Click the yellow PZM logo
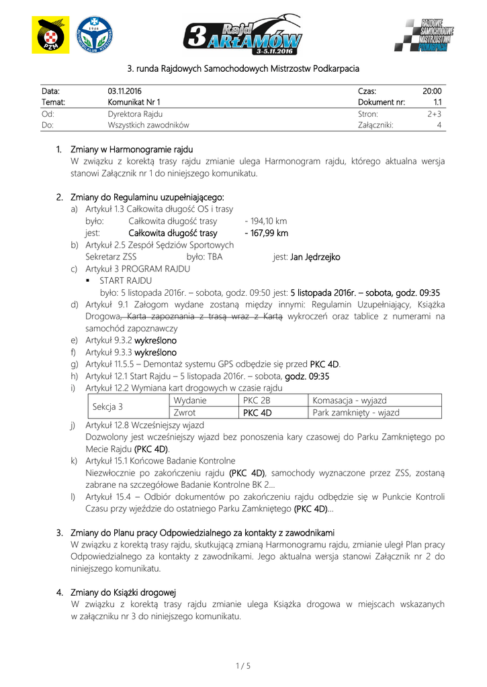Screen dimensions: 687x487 coord(50,35)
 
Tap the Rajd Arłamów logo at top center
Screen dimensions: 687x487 coord(243,36)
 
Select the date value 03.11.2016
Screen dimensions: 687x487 coord(124,91)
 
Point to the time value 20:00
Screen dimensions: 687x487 coord(431,91)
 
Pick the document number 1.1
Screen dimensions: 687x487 coord(437,103)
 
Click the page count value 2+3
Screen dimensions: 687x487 coord(433,114)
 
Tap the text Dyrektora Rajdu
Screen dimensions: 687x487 coord(135,114)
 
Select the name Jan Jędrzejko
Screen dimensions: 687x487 coord(315,257)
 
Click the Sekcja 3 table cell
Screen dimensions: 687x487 coord(107,407)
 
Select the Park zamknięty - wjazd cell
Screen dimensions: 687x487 coord(356,413)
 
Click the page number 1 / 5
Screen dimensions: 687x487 coord(243,666)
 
